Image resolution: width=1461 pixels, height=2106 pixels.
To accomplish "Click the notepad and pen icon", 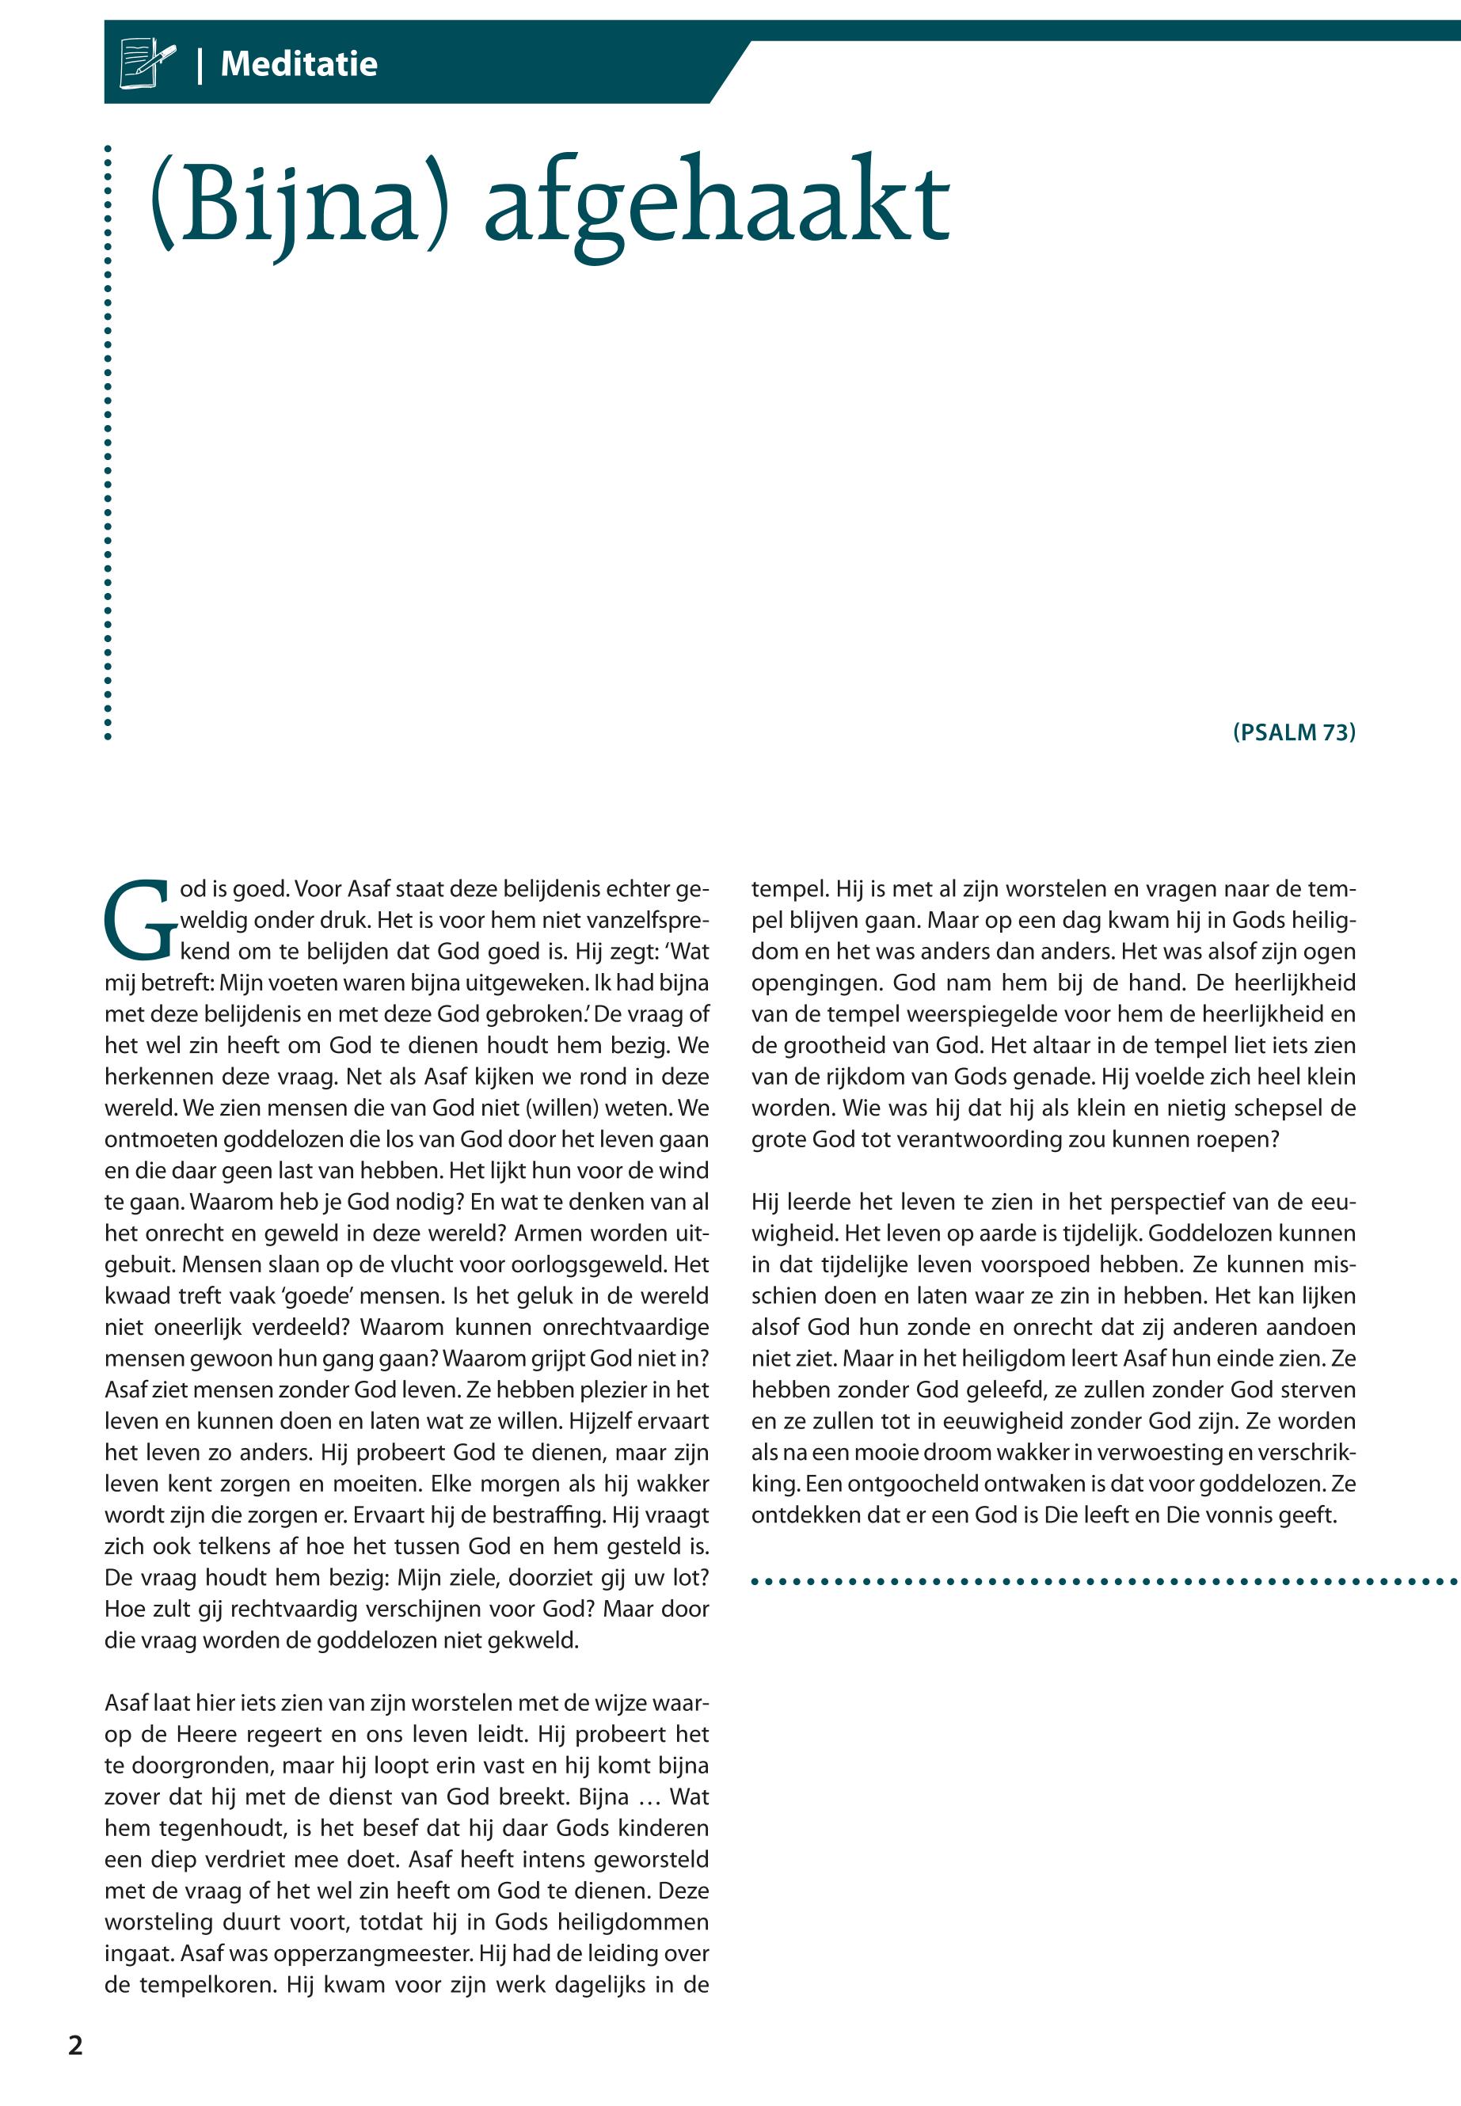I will [x=146, y=63].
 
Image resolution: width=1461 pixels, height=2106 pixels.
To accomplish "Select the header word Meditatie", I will [x=299, y=64].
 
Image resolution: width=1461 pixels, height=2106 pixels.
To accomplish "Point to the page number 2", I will [x=76, y=2045].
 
